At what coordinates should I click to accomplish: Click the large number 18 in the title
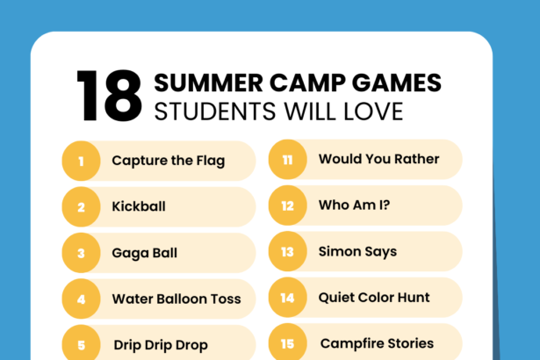(x=109, y=96)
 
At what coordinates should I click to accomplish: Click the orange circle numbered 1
(x=81, y=161)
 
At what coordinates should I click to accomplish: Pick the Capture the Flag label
(x=168, y=161)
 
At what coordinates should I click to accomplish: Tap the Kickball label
(x=139, y=207)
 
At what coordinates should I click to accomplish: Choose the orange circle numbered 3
(x=81, y=253)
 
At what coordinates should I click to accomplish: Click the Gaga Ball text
(x=144, y=253)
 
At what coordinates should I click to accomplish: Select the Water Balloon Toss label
(x=176, y=299)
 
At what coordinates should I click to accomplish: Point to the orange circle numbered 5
(x=81, y=344)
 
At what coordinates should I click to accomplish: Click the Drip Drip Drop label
(x=161, y=345)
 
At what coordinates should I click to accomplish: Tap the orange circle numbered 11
(x=287, y=160)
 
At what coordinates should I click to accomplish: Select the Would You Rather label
(x=378, y=159)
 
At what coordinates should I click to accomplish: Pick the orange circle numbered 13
(x=287, y=252)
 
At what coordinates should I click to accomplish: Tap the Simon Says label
(x=357, y=252)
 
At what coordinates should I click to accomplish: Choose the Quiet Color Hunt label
(x=372, y=298)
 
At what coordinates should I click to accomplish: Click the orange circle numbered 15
(x=287, y=343)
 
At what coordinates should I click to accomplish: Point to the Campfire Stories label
(x=377, y=343)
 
